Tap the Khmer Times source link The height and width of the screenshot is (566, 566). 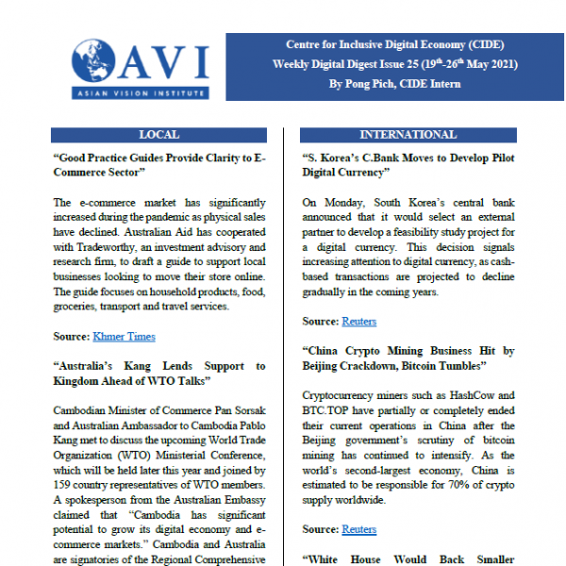[x=125, y=336]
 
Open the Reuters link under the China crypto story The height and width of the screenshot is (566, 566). [x=358, y=529]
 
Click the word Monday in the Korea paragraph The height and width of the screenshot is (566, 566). [x=336, y=203]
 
